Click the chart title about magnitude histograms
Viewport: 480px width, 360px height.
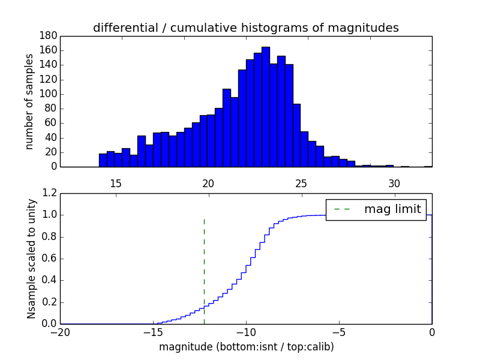tap(245, 28)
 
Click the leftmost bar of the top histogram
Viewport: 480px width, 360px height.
tap(103, 160)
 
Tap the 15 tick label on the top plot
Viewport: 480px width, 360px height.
tap(115, 183)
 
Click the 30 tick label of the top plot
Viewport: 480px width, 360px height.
tap(394, 183)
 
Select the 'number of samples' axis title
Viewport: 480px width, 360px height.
tap(29, 101)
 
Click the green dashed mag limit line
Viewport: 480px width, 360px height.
tap(205, 270)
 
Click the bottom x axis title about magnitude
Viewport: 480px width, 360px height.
tap(246, 347)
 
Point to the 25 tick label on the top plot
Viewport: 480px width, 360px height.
tap(301, 183)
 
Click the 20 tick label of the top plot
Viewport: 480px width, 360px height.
tap(208, 183)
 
